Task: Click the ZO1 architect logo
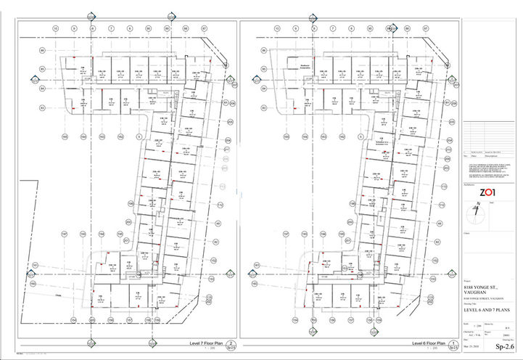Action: pos(488,192)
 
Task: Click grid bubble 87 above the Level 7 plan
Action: pos(205,28)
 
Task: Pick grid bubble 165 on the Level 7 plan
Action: pos(64,136)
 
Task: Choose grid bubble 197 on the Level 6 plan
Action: pos(286,234)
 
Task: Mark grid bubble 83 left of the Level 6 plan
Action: pos(264,107)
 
